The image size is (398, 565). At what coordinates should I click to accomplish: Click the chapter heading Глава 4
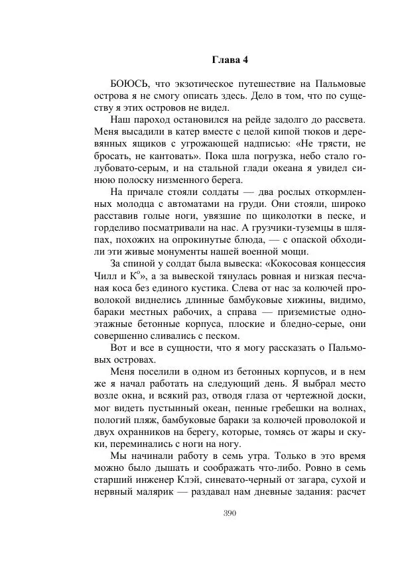230,59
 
